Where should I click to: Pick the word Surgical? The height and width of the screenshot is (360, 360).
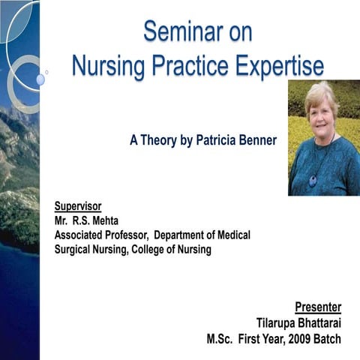point(76,249)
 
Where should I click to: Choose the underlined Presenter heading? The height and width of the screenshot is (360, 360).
point(318,307)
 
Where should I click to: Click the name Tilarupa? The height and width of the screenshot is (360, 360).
point(277,322)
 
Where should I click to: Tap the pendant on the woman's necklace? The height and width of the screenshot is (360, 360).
point(313,180)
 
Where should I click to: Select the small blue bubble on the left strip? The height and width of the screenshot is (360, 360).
point(40,79)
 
